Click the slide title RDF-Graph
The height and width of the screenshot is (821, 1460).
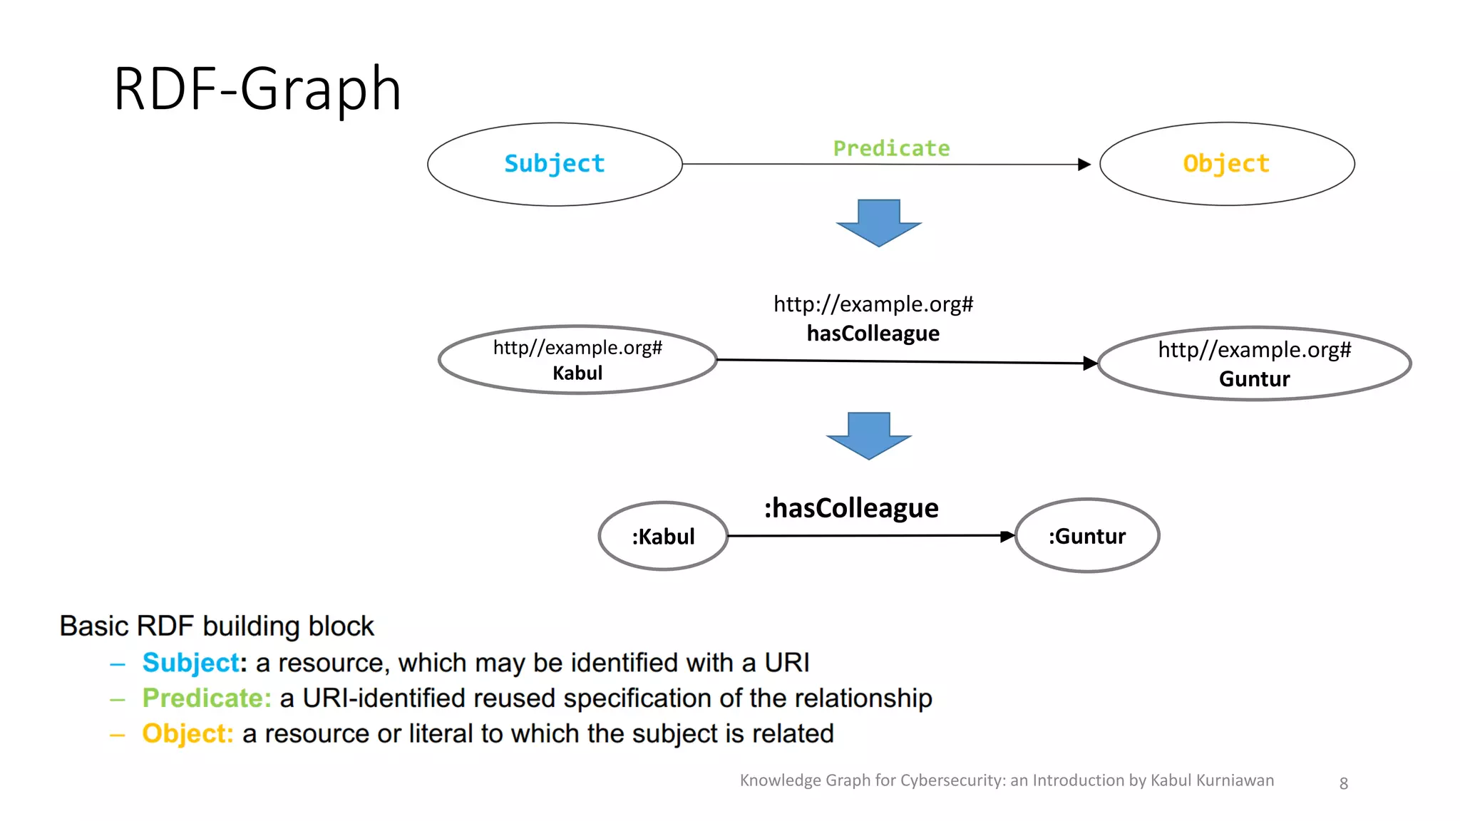(x=257, y=89)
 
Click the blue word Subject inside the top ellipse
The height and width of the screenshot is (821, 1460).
(x=554, y=164)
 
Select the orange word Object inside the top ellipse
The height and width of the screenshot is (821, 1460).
(x=1226, y=164)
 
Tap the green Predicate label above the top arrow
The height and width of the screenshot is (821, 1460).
(x=891, y=148)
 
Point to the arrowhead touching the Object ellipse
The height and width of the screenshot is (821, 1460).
(x=1084, y=165)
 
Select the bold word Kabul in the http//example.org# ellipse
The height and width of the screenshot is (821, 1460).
(x=577, y=373)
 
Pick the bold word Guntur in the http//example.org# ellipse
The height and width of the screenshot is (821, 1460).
(x=1254, y=378)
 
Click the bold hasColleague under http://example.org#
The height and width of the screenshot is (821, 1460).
(x=873, y=333)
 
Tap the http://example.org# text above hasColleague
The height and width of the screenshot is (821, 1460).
(x=873, y=304)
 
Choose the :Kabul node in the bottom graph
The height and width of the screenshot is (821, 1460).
(x=663, y=536)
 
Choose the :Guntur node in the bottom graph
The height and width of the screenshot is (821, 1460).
(x=1086, y=536)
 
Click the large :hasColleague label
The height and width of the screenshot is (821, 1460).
(x=851, y=508)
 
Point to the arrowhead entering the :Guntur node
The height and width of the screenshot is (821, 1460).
(x=1007, y=536)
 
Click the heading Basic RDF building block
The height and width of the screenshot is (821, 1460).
(x=216, y=626)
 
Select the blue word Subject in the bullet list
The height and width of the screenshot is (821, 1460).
(x=191, y=663)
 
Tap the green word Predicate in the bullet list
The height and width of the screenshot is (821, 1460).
(x=207, y=698)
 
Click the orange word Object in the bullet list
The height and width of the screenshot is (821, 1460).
(x=187, y=733)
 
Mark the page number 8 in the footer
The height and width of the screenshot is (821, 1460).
(x=1343, y=783)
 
